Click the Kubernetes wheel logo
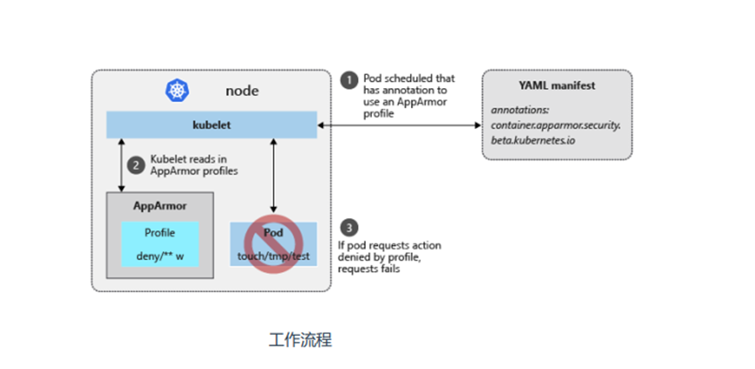pos(177,90)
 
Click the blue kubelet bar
pos(210,125)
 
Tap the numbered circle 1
pos(348,80)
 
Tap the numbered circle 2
pos(135,163)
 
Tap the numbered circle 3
pos(348,229)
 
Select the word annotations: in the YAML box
pos(521,113)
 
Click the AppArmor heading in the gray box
pos(159,206)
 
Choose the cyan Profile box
pos(160,243)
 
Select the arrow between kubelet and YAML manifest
pos(399,126)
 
